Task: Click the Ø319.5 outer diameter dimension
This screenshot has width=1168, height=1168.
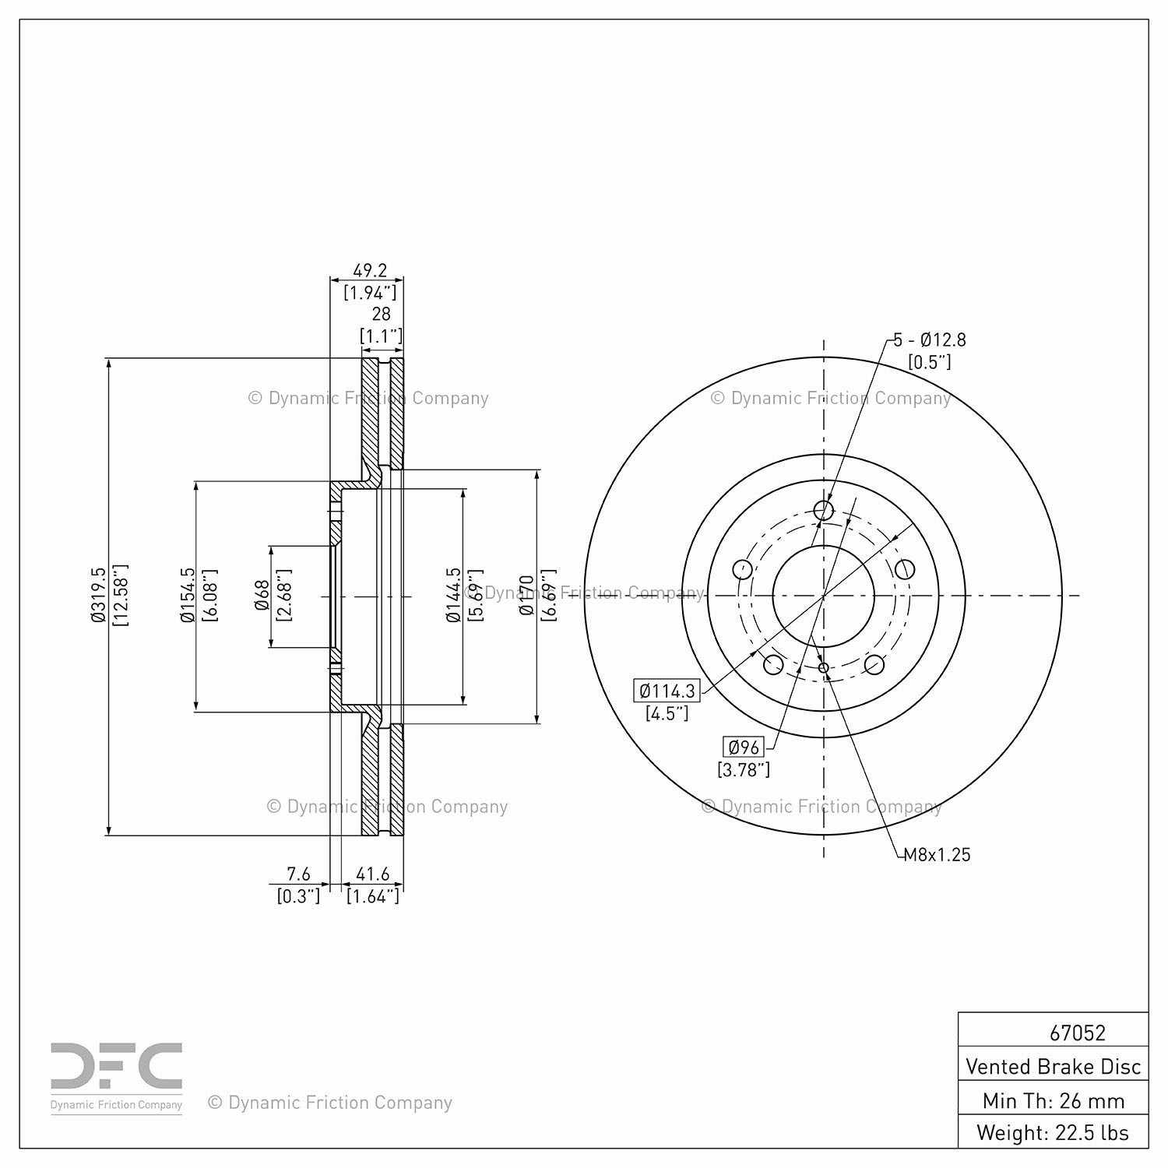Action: (97, 596)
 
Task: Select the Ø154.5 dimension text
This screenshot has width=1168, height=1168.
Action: (187, 596)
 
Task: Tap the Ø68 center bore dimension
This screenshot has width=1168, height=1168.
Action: (262, 596)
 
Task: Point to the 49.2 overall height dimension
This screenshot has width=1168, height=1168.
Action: (370, 271)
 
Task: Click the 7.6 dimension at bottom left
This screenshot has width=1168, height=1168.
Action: (298, 874)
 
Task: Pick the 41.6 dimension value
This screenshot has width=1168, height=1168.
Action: (372, 874)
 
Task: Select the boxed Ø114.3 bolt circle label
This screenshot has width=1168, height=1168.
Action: (667, 691)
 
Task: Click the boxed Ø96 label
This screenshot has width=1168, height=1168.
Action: (744, 748)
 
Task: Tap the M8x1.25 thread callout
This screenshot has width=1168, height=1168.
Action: (937, 855)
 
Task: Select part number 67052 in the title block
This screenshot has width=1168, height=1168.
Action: (1077, 1033)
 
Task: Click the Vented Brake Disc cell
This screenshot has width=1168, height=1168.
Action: (1053, 1066)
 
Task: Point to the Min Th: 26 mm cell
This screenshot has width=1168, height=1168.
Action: (1053, 1100)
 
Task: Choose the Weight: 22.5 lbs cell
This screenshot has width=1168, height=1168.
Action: (1053, 1132)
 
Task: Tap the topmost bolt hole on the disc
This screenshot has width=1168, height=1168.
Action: (823, 511)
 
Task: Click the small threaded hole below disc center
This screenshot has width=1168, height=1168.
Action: (823, 667)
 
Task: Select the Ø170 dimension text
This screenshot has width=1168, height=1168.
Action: (527, 596)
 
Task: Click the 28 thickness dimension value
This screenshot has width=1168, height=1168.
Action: (381, 314)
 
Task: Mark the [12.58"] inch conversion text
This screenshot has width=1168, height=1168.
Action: (120, 596)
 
